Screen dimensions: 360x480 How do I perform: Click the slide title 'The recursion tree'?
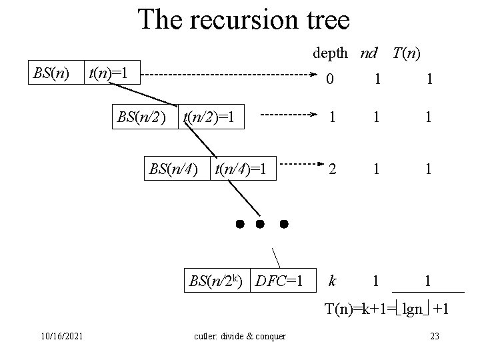click(x=243, y=20)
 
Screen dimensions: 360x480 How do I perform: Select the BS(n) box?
click(x=52, y=72)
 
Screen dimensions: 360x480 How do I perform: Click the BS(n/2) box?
click(x=141, y=117)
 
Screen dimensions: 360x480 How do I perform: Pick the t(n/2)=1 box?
click(x=210, y=117)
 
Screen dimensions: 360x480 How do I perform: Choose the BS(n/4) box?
click(x=174, y=168)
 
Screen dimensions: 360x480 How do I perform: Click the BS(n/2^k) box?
click(x=217, y=281)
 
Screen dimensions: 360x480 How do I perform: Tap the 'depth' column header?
click(x=330, y=51)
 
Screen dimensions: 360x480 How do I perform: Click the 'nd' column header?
click(x=369, y=51)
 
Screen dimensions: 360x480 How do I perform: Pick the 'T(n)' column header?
click(x=407, y=51)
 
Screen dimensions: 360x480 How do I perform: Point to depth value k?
click(x=331, y=281)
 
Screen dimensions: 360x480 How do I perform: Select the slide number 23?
click(x=435, y=335)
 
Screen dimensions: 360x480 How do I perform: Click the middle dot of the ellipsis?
click(x=261, y=222)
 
